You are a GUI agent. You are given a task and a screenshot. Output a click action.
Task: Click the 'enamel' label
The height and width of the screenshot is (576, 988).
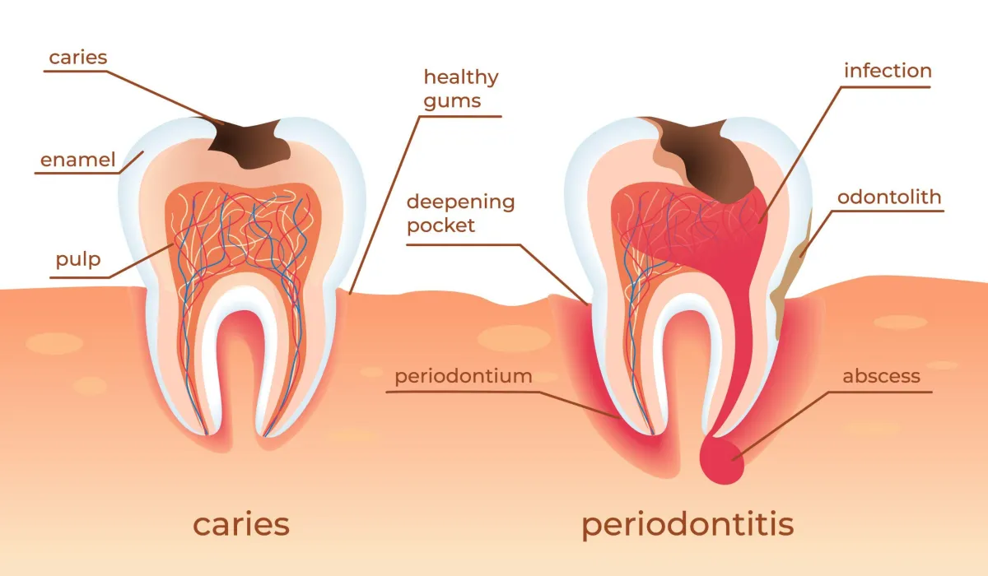tap(77, 160)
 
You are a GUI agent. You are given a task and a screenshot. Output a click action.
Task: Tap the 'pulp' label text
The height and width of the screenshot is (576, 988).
tap(78, 260)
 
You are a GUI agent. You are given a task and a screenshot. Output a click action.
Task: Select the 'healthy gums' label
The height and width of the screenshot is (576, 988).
tap(461, 89)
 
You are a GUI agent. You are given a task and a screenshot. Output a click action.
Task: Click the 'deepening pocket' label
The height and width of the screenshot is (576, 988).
tap(460, 213)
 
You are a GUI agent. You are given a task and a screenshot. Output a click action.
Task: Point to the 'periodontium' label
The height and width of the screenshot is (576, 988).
tap(463, 376)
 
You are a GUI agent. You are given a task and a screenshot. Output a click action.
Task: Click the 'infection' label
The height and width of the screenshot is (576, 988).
tap(888, 71)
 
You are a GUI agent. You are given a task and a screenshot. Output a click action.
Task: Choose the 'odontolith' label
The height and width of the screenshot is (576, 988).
tap(889, 197)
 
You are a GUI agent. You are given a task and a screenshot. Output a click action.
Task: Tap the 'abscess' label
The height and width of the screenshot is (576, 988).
tap(881, 376)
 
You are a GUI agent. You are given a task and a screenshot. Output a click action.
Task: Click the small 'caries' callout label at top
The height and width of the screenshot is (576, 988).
tap(78, 58)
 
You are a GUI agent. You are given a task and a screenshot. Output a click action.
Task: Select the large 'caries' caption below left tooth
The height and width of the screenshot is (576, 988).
tap(241, 524)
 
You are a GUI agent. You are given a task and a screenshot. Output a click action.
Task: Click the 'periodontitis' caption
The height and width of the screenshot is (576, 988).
tap(687, 525)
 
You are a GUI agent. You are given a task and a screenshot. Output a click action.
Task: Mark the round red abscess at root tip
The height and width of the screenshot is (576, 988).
tap(722, 461)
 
